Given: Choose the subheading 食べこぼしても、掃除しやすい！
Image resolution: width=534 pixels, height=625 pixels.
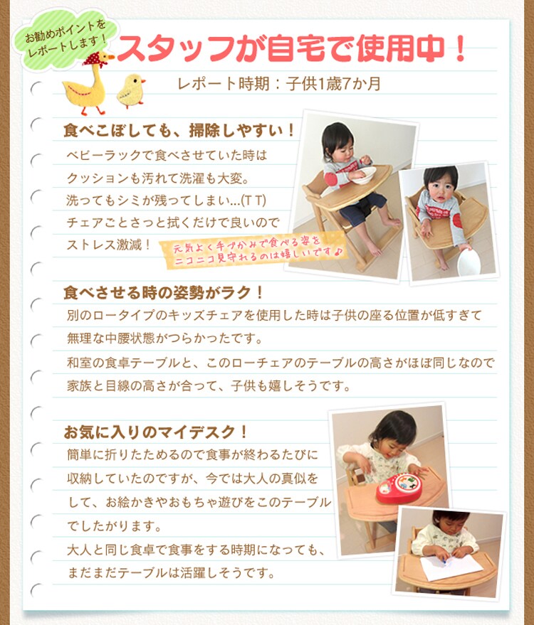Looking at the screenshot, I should [179, 132].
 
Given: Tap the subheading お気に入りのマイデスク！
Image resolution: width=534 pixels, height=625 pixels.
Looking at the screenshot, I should [156, 432].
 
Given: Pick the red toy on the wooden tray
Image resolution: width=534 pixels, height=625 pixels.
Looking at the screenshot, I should [399, 486].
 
